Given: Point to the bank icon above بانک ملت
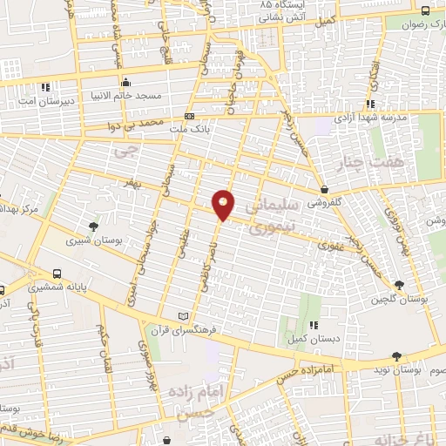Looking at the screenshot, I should pyautogui.click(x=190, y=116).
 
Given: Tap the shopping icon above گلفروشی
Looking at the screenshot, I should pyautogui.click(x=324, y=188).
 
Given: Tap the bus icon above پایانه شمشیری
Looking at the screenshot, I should pyautogui.click(x=57, y=273).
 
